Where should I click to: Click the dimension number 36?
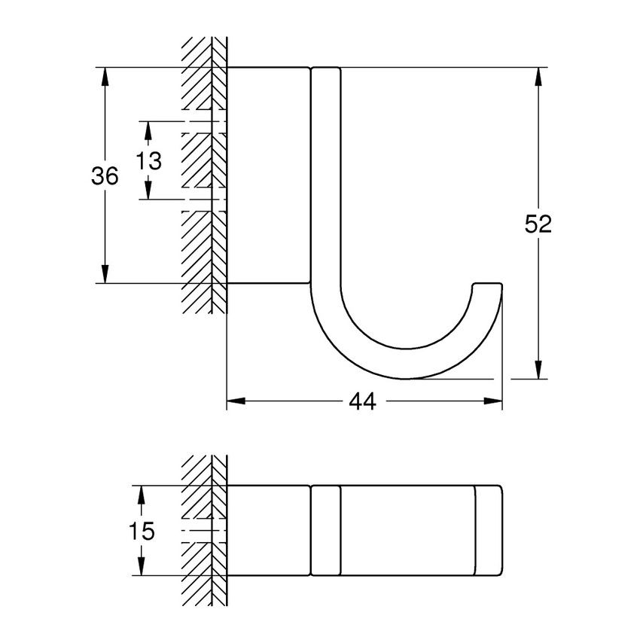point(105,177)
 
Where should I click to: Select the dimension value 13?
point(149,160)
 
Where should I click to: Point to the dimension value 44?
point(362,402)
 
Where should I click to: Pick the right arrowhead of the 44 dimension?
point(493,402)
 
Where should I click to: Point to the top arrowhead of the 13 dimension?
point(148,131)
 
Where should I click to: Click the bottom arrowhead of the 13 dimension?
point(148,190)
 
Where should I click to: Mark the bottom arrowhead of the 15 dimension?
point(141,566)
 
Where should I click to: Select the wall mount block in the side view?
point(269,175)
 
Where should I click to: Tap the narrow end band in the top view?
point(488,531)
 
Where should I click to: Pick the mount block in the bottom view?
point(269,531)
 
